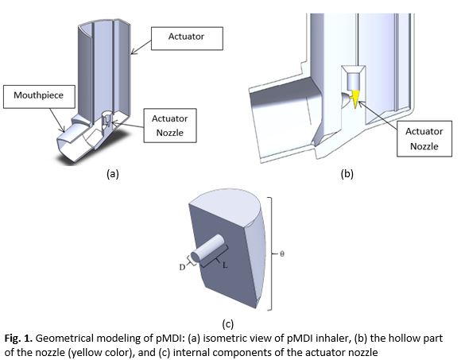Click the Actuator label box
click(x=187, y=38)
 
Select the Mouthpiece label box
click(x=39, y=97)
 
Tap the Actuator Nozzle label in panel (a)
click(x=170, y=126)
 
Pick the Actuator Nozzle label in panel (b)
click(x=424, y=139)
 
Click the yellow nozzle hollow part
click(x=356, y=99)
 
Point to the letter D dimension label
click(x=182, y=267)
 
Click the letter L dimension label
click(x=225, y=265)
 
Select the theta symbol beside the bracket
click(x=281, y=254)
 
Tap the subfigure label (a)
click(x=113, y=174)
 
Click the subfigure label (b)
click(x=347, y=174)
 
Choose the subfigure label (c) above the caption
click(x=228, y=323)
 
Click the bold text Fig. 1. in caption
click(x=18, y=339)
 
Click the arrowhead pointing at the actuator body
click(x=134, y=52)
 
